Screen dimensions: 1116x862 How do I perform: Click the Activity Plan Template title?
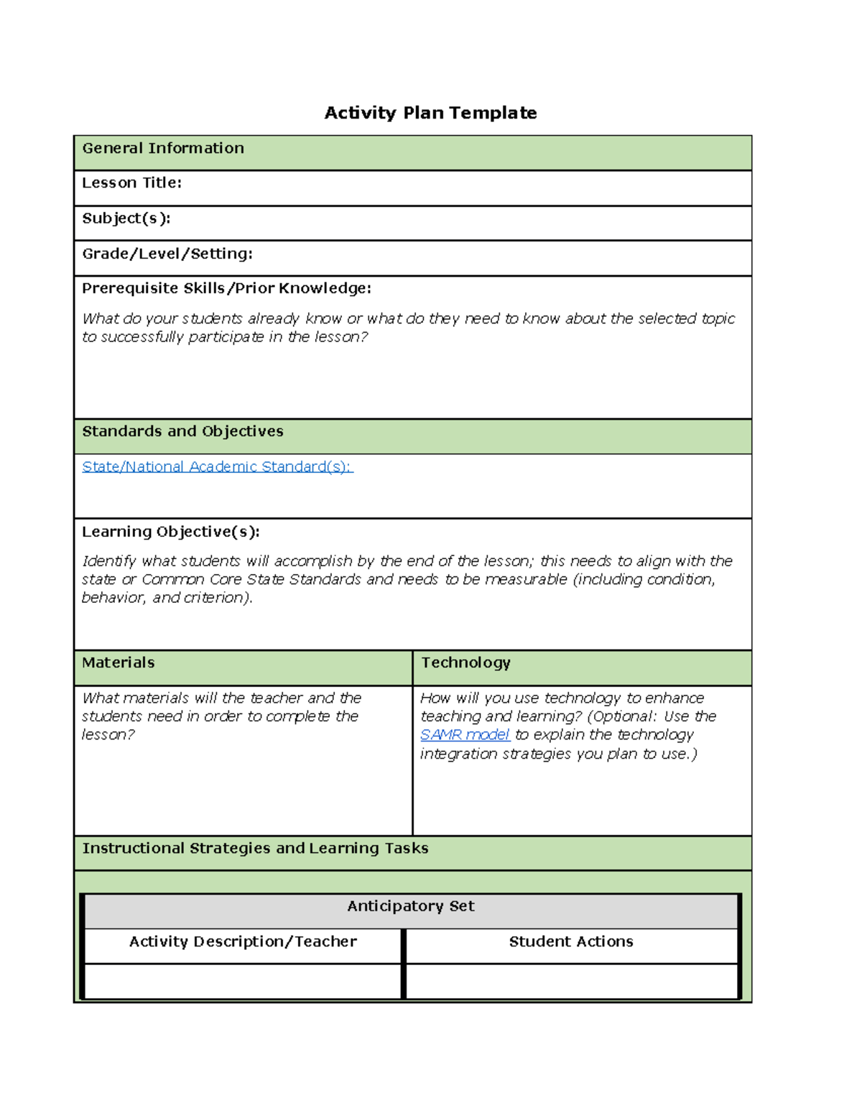point(430,113)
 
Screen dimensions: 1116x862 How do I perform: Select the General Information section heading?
point(163,148)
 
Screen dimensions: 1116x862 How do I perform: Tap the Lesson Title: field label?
point(131,183)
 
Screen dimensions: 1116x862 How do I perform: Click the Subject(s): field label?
point(126,218)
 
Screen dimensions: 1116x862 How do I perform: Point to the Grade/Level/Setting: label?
point(167,254)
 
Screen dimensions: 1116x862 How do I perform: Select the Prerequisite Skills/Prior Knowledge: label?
point(226,288)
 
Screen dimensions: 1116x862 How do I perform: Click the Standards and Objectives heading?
point(182,431)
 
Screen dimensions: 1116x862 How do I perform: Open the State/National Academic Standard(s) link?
point(217,467)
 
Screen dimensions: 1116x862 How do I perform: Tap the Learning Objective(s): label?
point(171,532)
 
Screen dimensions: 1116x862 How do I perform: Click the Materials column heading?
point(119,663)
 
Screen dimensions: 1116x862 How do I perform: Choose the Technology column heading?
point(465,663)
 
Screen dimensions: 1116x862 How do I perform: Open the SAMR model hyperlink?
point(465,734)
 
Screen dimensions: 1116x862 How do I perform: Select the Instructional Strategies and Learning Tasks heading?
point(255,848)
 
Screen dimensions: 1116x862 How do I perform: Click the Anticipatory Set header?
point(411,906)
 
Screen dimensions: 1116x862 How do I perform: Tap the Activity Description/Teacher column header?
point(243,941)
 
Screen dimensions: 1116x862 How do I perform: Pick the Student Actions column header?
point(571,941)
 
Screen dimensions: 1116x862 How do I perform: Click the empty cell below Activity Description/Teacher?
point(243,981)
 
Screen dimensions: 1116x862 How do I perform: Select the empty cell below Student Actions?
point(571,981)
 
